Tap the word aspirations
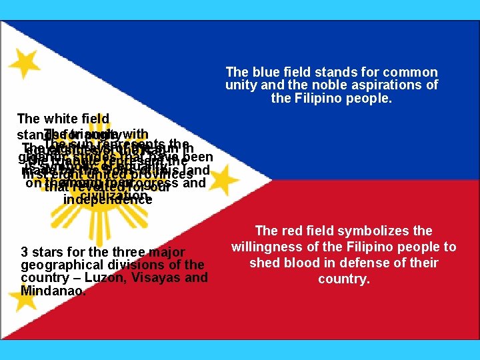pyautogui.click(x=395, y=85)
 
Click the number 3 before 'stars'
pyautogui.click(x=24, y=252)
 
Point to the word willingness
pyautogui.click(x=269, y=247)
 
